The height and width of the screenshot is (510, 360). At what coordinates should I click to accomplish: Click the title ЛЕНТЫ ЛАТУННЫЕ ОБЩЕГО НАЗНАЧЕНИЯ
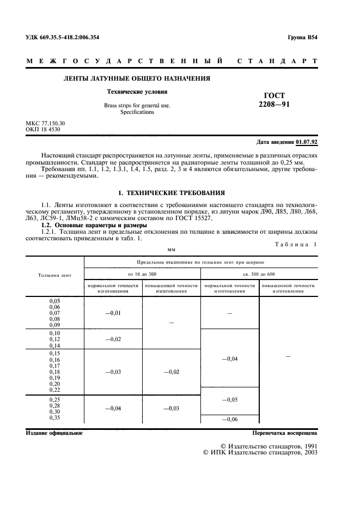[x=137, y=78]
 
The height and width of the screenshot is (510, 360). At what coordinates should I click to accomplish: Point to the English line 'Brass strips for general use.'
[x=137, y=105]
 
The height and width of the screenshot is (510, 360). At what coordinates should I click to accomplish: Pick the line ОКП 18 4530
[x=42, y=130]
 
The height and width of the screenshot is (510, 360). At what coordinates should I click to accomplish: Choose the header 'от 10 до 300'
[x=142, y=274]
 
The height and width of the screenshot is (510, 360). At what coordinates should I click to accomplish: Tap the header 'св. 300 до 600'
[x=259, y=274]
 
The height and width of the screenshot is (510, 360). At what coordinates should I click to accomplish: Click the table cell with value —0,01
[x=113, y=313]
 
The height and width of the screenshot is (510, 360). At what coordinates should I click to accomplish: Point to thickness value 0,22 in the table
[x=54, y=389]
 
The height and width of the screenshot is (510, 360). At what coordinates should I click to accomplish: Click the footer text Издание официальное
[x=54, y=433]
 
